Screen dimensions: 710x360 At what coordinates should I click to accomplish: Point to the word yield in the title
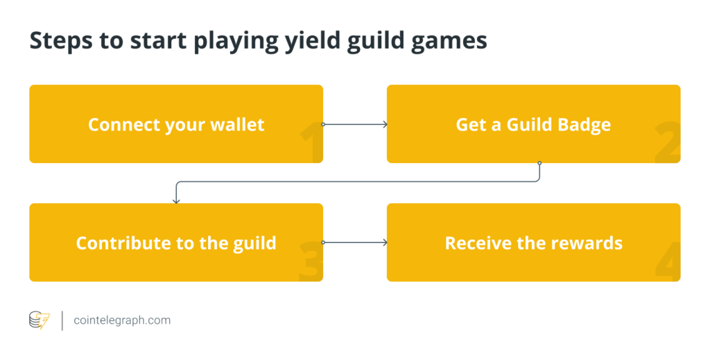[312, 41]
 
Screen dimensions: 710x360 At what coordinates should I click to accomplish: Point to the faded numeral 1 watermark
[311, 142]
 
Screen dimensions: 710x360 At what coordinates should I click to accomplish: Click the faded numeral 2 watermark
[668, 142]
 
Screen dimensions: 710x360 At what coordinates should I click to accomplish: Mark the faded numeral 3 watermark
[311, 262]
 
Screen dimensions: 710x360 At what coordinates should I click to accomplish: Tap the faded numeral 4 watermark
[668, 262]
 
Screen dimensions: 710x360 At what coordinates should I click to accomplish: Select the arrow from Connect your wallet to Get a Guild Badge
[355, 124]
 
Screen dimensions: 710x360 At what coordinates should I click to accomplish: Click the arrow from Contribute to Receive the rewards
[355, 242]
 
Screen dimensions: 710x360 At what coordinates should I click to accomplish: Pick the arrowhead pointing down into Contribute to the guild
[176, 201]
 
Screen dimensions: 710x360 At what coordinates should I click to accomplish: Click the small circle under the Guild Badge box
[539, 163]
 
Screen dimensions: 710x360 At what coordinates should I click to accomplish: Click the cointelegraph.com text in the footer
[122, 320]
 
